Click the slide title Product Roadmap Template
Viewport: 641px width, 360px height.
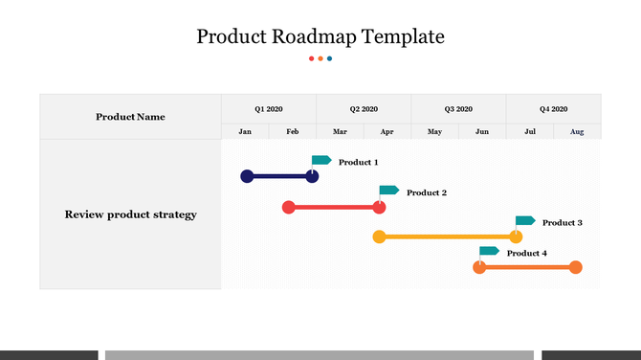pyautogui.click(x=320, y=37)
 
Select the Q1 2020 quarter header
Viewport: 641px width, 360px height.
pyautogui.click(x=269, y=109)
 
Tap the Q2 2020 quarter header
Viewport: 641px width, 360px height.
pyautogui.click(x=364, y=109)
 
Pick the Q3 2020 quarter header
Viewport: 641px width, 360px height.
pyautogui.click(x=458, y=109)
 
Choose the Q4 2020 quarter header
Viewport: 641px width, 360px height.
pyautogui.click(x=553, y=109)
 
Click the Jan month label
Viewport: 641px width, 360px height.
pyautogui.click(x=245, y=131)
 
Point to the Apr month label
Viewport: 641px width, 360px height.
pyautogui.click(x=387, y=131)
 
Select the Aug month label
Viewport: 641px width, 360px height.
pyautogui.click(x=577, y=131)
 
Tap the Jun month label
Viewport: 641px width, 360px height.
pyautogui.click(x=482, y=131)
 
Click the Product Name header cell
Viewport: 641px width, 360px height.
pyautogui.click(x=130, y=117)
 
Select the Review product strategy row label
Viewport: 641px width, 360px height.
pyautogui.click(x=130, y=214)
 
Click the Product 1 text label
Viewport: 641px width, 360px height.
pyautogui.click(x=358, y=163)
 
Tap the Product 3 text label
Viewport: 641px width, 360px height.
pyautogui.click(x=562, y=223)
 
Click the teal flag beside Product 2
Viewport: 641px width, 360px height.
pyautogui.click(x=388, y=191)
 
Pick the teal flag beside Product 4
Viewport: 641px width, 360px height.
pyautogui.click(x=489, y=251)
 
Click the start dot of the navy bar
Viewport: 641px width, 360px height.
pyautogui.click(x=247, y=176)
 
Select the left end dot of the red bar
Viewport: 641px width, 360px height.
pyautogui.click(x=289, y=207)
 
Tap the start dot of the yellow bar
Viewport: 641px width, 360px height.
pyautogui.click(x=379, y=236)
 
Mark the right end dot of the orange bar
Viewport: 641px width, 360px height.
pyautogui.click(x=575, y=267)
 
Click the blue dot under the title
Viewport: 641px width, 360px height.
pyautogui.click(x=330, y=58)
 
